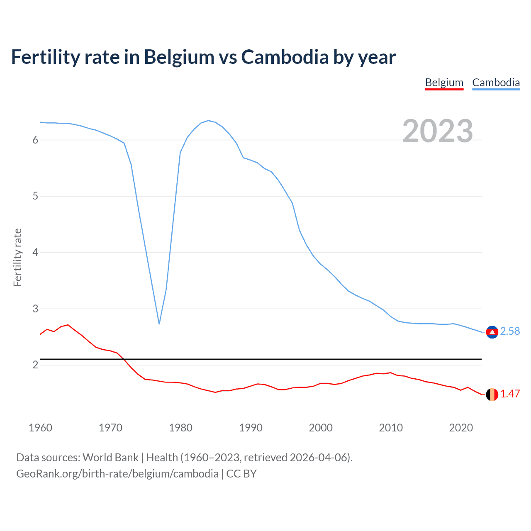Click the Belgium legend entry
tap(444, 83)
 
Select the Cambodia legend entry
tap(496, 83)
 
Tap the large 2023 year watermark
tap(438, 131)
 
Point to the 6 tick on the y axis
tap(35, 140)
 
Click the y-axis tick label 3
tap(35, 309)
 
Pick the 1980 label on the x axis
tap(180, 428)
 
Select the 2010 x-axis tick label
tap(391, 428)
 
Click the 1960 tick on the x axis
tap(40, 428)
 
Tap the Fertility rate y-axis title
tap(17, 257)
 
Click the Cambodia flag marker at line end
tap(492, 332)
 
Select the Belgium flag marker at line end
tap(492, 395)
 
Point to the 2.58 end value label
tap(510, 331)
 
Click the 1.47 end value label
tap(510, 394)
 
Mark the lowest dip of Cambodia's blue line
tap(159, 324)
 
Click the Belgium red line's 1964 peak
tap(68, 325)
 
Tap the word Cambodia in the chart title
tap(285, 57)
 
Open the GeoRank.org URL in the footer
tap(117, 474)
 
